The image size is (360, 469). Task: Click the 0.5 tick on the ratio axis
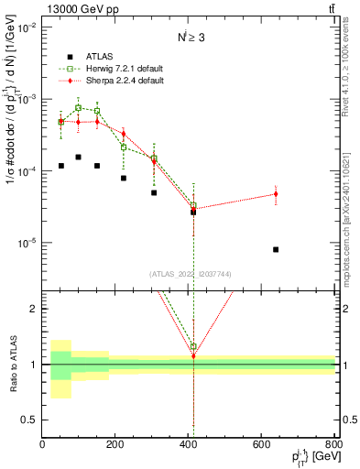tap(31, 420)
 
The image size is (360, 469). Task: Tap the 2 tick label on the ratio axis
tap(35, 309)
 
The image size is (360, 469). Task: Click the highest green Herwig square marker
tap(79, 107)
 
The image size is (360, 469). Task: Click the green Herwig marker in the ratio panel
tap(193, 347)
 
